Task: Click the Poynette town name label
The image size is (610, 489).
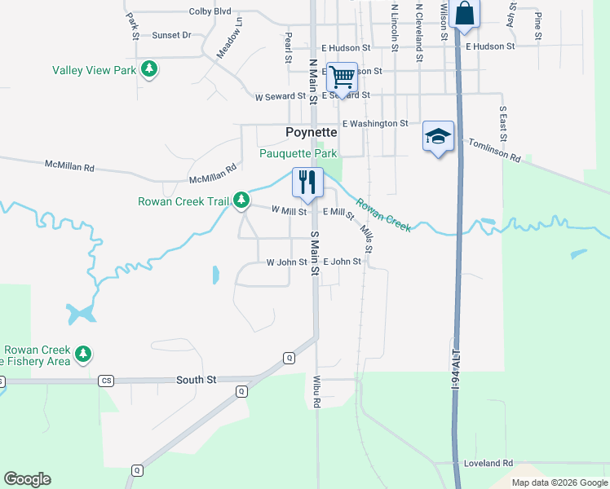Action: (x=311, y=133)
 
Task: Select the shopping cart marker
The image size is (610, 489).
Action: (x=343, y=77)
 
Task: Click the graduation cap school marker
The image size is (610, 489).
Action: (x=438, y=136)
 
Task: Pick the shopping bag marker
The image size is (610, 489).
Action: (x=463, y=14)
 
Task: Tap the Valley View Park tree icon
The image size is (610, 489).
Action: (x=149, y=70)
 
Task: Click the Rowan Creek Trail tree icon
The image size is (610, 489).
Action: (x=241, y=200)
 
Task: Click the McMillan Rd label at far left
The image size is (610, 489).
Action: (x=69, y=166)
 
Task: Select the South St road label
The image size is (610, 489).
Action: (x=197, y=381)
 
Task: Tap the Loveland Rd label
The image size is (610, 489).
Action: (x=488, y=463)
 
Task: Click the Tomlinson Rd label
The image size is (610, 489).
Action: (x=494, y=150)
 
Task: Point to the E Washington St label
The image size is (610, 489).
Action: (x=374, y=123)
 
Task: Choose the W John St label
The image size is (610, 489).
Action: (x=286, y=262)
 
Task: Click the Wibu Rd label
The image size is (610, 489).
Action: (x=317, y=391)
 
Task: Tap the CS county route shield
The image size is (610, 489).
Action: (x=106, y=381)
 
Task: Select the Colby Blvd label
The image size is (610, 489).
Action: (x=210, y=11)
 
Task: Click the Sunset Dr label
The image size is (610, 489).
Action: (x=171, y=35)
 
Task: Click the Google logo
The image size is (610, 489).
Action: (x=27, y=479)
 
